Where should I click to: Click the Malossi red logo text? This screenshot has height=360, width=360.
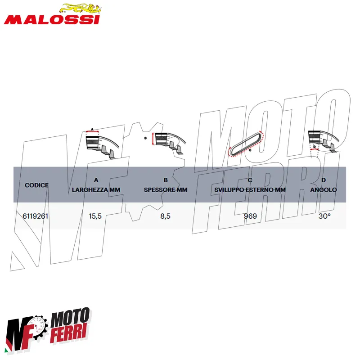click(52, 20)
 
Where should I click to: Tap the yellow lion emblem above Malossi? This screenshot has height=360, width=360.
click(81, 8)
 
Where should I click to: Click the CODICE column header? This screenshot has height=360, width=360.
click(36, 185)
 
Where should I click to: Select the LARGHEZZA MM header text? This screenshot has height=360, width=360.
click(96, 190)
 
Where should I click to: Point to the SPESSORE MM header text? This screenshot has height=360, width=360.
click(166, 190)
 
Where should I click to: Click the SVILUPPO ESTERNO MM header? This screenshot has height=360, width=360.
click(250, 190)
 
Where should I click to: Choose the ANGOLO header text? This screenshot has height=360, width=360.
click(324, 190)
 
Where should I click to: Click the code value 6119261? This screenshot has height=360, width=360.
click(36, 216)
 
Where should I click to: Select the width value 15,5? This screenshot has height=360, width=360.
click(95, 216)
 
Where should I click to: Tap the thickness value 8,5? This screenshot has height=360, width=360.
click(165, 216)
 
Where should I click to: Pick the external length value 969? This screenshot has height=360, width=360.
click(250, 216)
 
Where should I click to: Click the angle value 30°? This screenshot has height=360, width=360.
click(324, 216)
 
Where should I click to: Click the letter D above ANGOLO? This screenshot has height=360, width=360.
click(324, 180)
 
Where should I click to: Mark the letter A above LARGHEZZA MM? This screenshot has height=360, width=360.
click(96, 180)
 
